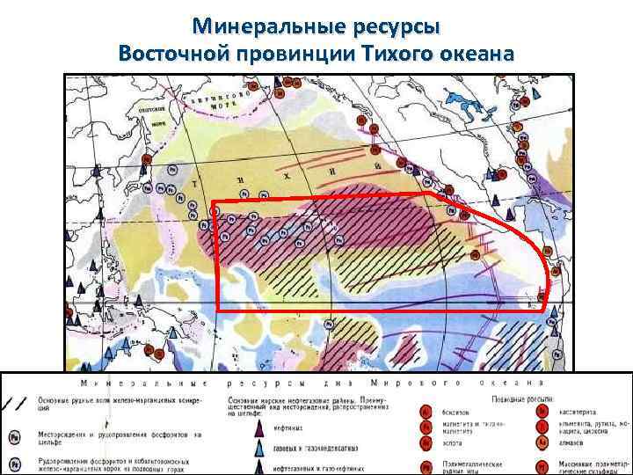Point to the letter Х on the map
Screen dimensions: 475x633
(x=286, y=176)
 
